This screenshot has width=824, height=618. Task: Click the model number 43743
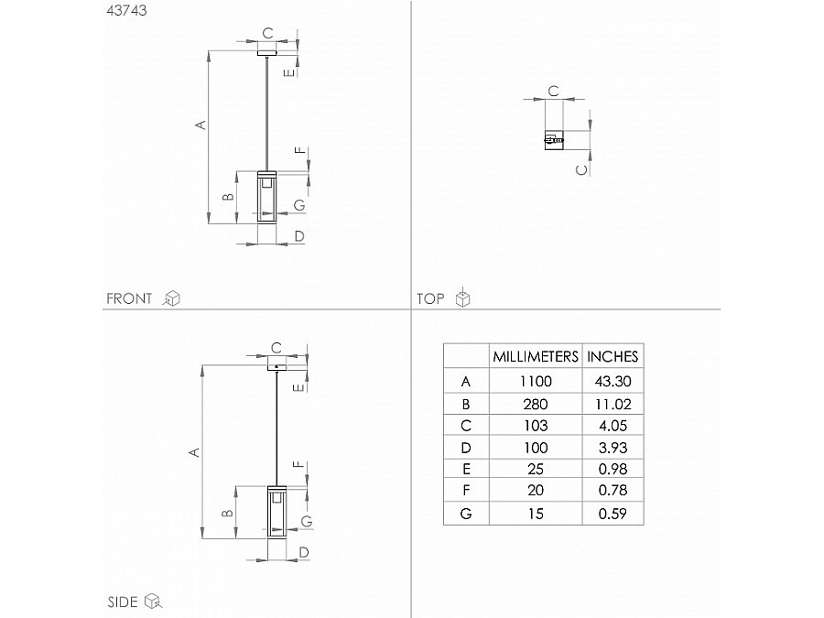(x=126, y=10)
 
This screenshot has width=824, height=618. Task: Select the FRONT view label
(x=129, y=298)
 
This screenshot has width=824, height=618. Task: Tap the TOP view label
(x=430, y=298)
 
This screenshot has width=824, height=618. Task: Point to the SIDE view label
(x=123, y=602)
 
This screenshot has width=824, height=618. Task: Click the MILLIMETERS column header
(x=536, y=356)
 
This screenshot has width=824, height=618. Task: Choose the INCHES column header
(x=613, y=356)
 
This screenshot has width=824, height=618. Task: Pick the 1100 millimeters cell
(x=536, y=381)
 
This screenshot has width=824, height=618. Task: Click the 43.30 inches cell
(x=613, y=381)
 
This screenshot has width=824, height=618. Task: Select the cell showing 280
(x=536, y=404)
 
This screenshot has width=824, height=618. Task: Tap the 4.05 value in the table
(x=613, y=425)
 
